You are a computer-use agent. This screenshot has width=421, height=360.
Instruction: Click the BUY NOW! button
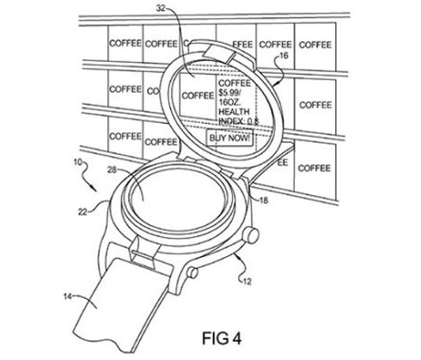tap(229, 137)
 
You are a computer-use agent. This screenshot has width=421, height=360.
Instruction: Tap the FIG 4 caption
tap(222, 339)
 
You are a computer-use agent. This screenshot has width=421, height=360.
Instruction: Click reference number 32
tap(162, 9)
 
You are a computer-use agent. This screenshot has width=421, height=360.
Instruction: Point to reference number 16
tap(283, 55)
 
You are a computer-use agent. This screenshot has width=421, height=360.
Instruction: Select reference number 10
tap(78, 162)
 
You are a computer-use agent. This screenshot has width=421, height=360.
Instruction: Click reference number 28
tap(112, 170)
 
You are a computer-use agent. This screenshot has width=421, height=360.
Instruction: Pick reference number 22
tap(82, 212)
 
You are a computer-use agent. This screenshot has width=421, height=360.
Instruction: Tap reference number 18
tap(264, 200)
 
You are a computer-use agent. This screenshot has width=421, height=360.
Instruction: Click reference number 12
tap(247, 281)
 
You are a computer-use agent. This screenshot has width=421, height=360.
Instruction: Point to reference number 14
tap(68, 296)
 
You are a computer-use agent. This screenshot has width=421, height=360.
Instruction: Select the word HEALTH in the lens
tap(234, 112)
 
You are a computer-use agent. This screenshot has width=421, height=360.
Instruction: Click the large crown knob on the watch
tap(251, 235)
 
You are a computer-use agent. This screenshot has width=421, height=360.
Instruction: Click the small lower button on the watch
tap(192, 272)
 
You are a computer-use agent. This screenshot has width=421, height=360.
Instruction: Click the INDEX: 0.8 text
tap(239, 121)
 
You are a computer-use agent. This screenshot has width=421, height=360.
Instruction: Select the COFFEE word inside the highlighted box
tap(198, 95)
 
